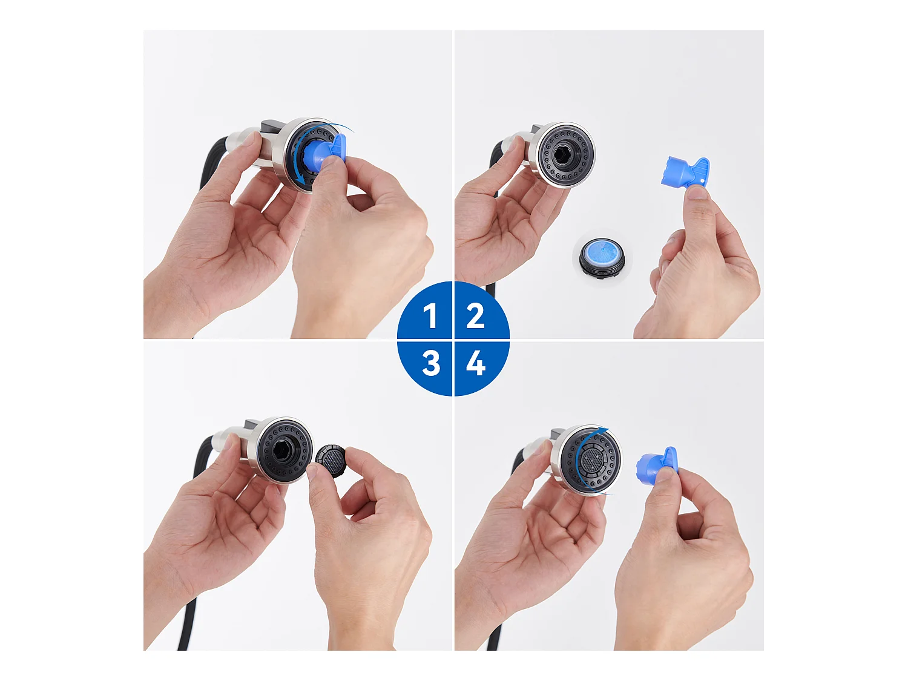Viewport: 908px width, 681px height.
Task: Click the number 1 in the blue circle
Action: tap(431, 315)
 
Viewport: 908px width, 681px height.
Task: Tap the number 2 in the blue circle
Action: tap(475, 315)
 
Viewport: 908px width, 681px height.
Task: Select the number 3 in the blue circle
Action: tap(431, 363)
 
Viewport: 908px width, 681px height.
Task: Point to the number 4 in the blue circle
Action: tap(476, 363)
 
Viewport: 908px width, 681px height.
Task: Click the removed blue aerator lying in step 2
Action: tap(602, 257)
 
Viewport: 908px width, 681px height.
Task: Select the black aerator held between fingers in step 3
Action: tap(331, 461)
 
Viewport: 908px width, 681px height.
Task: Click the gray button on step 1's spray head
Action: tap(272, 124)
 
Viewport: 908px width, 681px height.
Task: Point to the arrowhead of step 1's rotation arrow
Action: tap(302, 180)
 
